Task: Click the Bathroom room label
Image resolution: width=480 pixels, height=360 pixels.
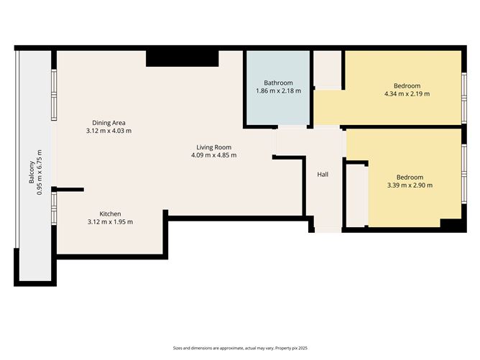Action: tap(278, 83)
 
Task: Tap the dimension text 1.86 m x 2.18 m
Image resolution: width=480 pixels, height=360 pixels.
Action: tap(278, 91)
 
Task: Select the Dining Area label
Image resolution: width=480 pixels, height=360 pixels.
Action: tap(109, 123)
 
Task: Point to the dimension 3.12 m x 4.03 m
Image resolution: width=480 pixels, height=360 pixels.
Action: tap(109, 131)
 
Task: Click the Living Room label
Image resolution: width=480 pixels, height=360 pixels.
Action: tap(213, 147)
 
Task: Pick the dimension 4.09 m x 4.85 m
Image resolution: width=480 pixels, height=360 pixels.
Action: tap(213, 155)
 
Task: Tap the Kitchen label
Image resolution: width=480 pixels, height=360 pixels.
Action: tap(110, 213)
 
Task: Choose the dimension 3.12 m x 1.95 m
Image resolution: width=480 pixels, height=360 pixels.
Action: tap(110, 222)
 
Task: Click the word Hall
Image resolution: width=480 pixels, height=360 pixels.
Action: tap(323, 175)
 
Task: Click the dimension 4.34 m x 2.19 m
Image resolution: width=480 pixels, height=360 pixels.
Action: tap(407, 93)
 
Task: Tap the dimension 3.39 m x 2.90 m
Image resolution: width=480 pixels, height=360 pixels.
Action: tap(410, 185)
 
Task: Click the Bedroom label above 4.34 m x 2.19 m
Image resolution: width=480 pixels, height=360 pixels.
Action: tap(407, 85)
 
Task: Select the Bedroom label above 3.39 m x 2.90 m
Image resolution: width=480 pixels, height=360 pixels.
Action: tap(410, 177)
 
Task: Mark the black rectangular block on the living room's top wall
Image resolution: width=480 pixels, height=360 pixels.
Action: tap(183, 58)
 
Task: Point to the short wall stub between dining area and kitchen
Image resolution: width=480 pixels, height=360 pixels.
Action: tap(70, 190)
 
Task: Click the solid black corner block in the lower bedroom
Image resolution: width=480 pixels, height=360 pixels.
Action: tap(450, 225)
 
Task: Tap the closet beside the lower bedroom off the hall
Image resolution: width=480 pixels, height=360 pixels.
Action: tap(356, 194)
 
